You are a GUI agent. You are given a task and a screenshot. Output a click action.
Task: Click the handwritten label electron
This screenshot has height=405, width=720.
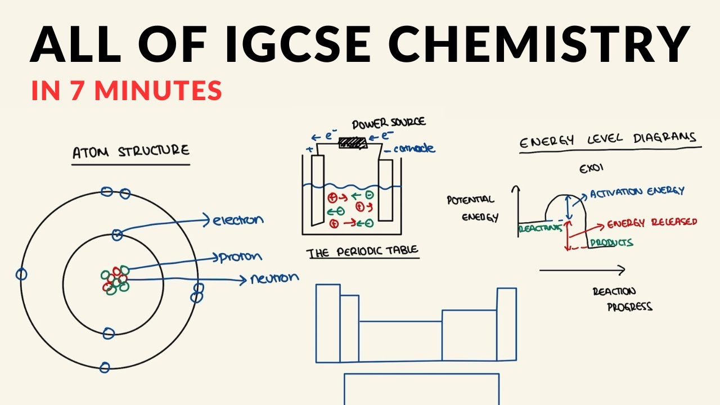point(238,220)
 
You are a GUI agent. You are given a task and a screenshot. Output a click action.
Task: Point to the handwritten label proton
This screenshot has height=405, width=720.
point(241,257)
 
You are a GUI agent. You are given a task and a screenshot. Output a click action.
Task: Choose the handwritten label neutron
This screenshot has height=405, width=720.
point(274,278)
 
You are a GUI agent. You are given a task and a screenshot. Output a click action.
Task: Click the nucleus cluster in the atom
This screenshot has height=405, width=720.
point(115,279)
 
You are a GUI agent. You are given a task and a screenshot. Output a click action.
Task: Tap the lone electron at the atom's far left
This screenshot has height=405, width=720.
point(21,274)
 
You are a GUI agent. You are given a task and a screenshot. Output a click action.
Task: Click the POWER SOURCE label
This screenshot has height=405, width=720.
point(389,123)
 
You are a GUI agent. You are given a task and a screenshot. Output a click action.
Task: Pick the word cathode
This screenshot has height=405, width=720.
point(414,148)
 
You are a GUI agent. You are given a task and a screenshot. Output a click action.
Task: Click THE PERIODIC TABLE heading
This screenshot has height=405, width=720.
point(363,252)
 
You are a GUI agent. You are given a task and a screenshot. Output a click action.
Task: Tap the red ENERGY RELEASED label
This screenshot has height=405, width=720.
point(652,223)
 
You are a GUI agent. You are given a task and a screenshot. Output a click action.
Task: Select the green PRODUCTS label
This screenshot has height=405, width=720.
point(611,243)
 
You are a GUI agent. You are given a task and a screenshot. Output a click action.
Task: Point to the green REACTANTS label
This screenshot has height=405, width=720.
point(533,229)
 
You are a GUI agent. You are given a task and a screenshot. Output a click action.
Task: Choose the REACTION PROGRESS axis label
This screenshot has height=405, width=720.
point(622,299)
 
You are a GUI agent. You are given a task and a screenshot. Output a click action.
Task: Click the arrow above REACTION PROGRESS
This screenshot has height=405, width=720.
point(582,271)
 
